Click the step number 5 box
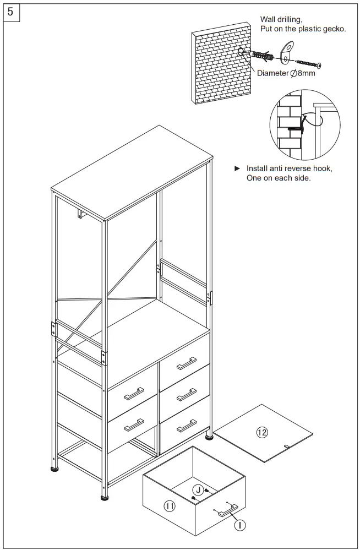[12, 12]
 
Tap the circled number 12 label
[262, 433]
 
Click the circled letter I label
[240, 525]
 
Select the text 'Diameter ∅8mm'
[286, 73]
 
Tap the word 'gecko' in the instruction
[333, 29]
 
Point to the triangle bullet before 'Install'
[237, 168]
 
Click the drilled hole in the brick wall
[242, 53]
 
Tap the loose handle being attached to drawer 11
[227, 510]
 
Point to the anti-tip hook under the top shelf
[81, 214]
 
